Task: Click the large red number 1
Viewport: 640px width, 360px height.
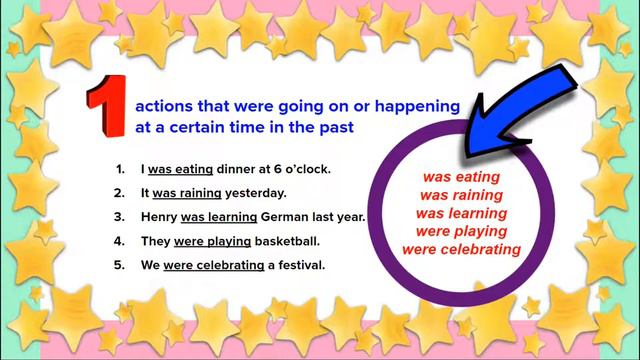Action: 105,104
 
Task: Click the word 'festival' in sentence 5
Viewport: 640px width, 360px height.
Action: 299,265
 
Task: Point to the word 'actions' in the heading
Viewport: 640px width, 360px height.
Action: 162,105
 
